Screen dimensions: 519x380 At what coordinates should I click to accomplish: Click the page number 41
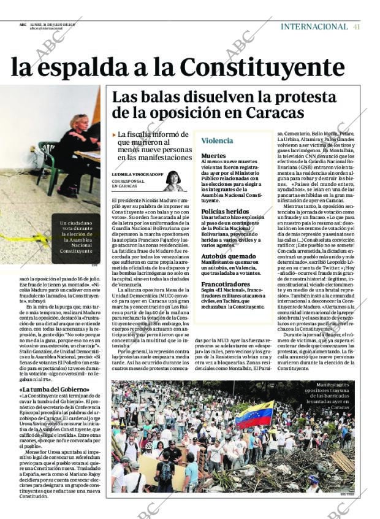[x=356, y=26]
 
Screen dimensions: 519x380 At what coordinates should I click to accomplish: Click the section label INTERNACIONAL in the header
[x=314, y=26]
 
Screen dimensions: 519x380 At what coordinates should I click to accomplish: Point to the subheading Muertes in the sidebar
[x=213, y=156]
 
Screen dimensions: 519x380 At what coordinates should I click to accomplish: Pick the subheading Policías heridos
[x=225, y=211]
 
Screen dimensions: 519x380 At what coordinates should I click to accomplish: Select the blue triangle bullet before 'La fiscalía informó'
[x=114, y=134]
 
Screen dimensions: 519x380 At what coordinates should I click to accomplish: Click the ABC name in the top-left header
[x=23, y=25]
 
